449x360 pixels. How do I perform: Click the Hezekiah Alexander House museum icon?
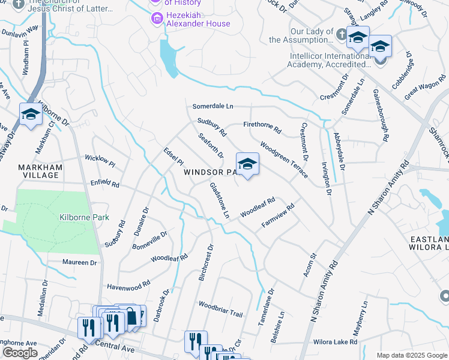coord(157,19)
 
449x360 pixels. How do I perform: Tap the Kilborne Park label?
coord(84,217)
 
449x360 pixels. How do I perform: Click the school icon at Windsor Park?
coord(247,164)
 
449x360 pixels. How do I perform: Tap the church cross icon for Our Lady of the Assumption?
coord(341,34)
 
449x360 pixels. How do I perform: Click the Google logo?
coord(20,353)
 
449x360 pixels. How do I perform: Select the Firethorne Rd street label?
coord(262,128)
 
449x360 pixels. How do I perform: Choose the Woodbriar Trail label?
coord(220,310)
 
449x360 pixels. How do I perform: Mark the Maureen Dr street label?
coord(79,262)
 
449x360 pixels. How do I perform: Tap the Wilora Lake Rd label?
coord(335,342)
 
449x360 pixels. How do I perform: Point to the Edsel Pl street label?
coord(173,157)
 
